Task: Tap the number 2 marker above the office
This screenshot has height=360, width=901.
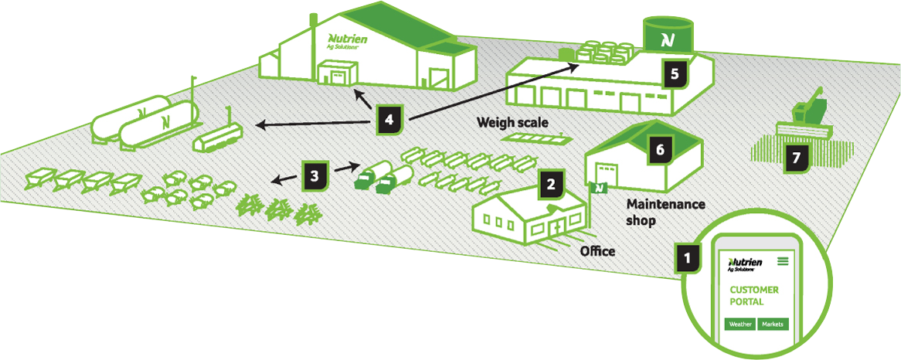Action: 550,184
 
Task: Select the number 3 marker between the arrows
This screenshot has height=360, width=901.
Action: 314,175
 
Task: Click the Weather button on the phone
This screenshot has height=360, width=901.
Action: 739,324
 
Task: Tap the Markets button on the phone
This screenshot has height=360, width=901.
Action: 772,324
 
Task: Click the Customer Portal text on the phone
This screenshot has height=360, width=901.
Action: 753,296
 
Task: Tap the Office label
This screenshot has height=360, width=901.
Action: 597,251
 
